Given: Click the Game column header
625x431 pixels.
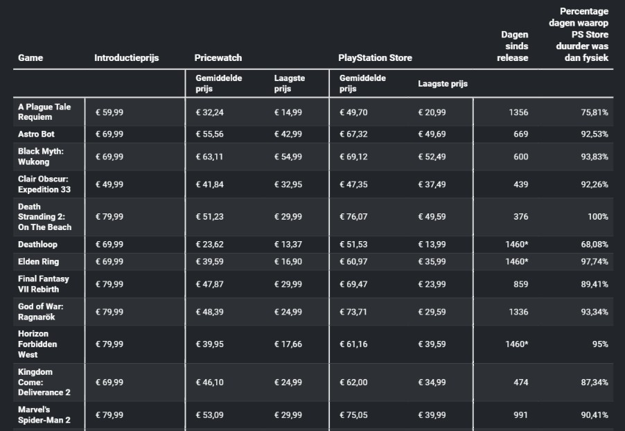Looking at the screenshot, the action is (30, 58).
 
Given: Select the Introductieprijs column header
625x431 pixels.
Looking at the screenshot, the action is (126, 58).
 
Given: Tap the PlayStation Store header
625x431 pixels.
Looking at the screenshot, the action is (375, 58).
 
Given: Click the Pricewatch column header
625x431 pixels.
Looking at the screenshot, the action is (218, 58).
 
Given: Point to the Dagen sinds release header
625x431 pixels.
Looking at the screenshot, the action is (513, 46).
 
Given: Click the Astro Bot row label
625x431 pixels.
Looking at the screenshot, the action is (36, 134).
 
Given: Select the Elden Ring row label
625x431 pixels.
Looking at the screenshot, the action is (38, 261).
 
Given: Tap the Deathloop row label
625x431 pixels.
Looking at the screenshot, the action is (37, 245).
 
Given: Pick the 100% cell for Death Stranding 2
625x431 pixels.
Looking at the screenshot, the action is (598, 216).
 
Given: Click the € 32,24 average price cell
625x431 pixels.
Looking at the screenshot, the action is (210, 112).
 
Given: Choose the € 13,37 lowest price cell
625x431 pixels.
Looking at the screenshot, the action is (288, 245).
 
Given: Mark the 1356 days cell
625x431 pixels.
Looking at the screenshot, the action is (518, 112).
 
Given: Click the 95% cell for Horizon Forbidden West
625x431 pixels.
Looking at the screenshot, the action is (600, 344).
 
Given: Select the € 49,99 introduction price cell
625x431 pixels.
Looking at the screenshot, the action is (109, 184).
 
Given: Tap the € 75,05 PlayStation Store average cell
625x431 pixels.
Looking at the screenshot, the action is (353, 414).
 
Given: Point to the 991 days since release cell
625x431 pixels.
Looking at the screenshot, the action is (521, 414).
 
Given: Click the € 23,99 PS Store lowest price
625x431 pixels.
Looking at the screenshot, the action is (432, 284).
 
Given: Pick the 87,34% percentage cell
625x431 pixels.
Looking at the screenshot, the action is (595, 382).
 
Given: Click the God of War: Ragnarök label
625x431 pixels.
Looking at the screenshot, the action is (41, 312).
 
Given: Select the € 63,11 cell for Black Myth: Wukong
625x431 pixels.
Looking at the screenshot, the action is (210, 157).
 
